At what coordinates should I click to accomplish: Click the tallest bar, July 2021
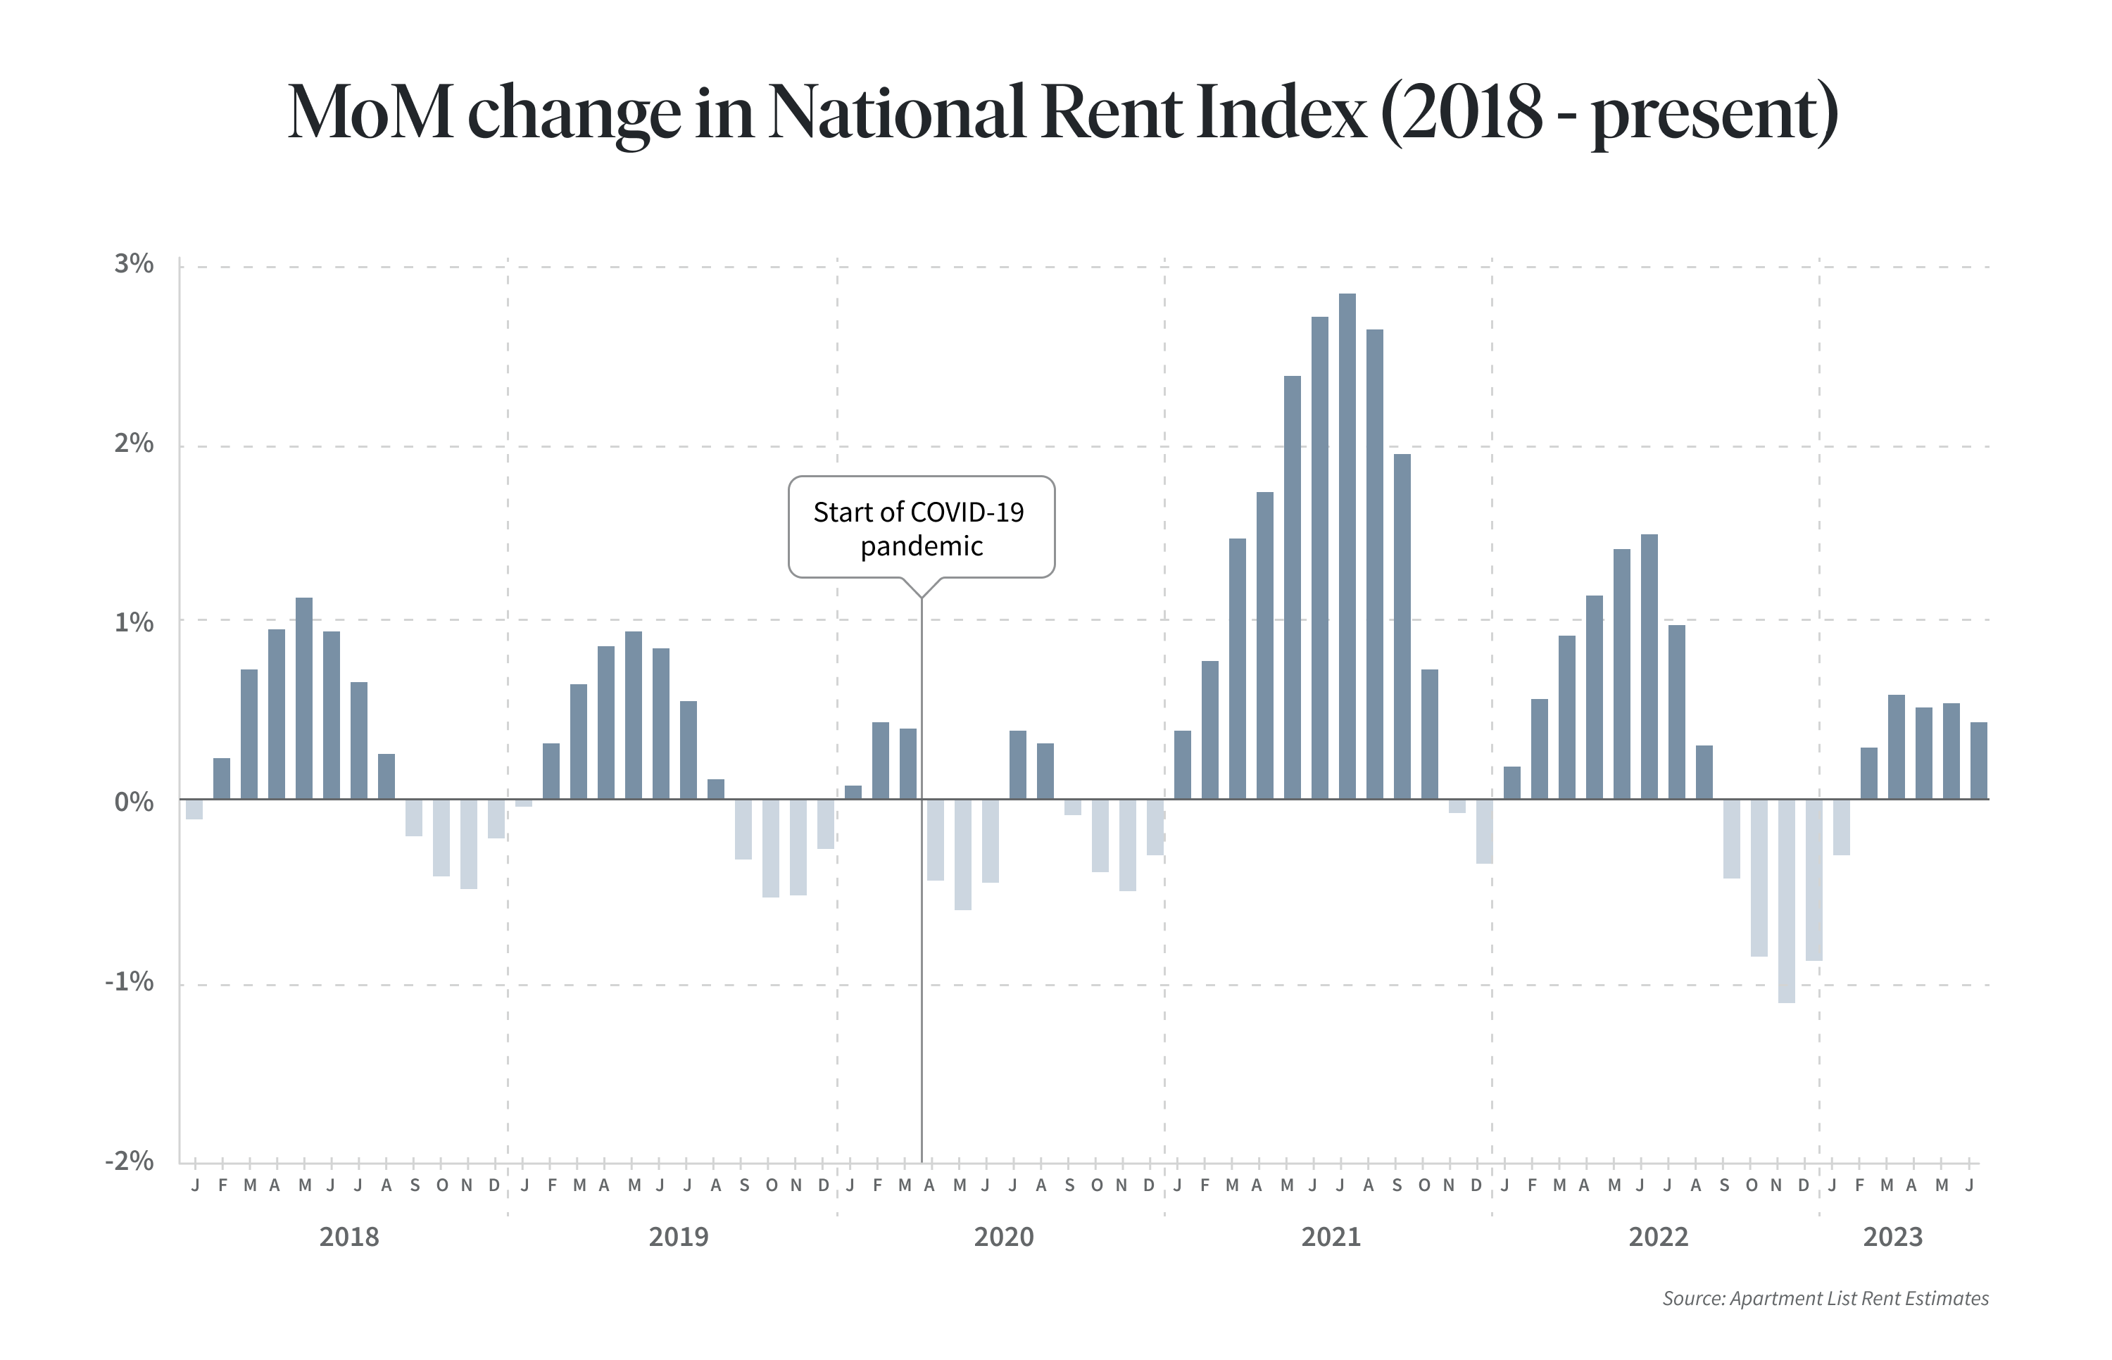pyautogui.click(x=1347, y=547)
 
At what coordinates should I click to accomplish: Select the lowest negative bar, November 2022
pyautogui.click(x=1786, y=901)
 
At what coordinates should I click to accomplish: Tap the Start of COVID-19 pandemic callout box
pyautogui.click(x=921, y=527)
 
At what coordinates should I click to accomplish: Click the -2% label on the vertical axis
pyautogui.click(x=130, y=1160)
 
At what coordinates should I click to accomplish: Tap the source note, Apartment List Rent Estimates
pyautogui.click(x=1825, y=1298)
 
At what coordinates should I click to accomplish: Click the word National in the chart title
pyautogui.click(x=897, y=112)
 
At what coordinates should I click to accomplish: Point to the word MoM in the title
pyautogui.click(x=371, y=112)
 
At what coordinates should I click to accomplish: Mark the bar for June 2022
pyautogui.click(x=1649, y=667)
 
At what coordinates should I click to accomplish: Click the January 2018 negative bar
pyautogui.click(x=194, y=809)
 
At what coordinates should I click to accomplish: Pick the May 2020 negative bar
pyautogui.click(x=962, y=854)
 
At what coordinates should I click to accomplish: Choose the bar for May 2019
pyautogui.click(x=633, y=715)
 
